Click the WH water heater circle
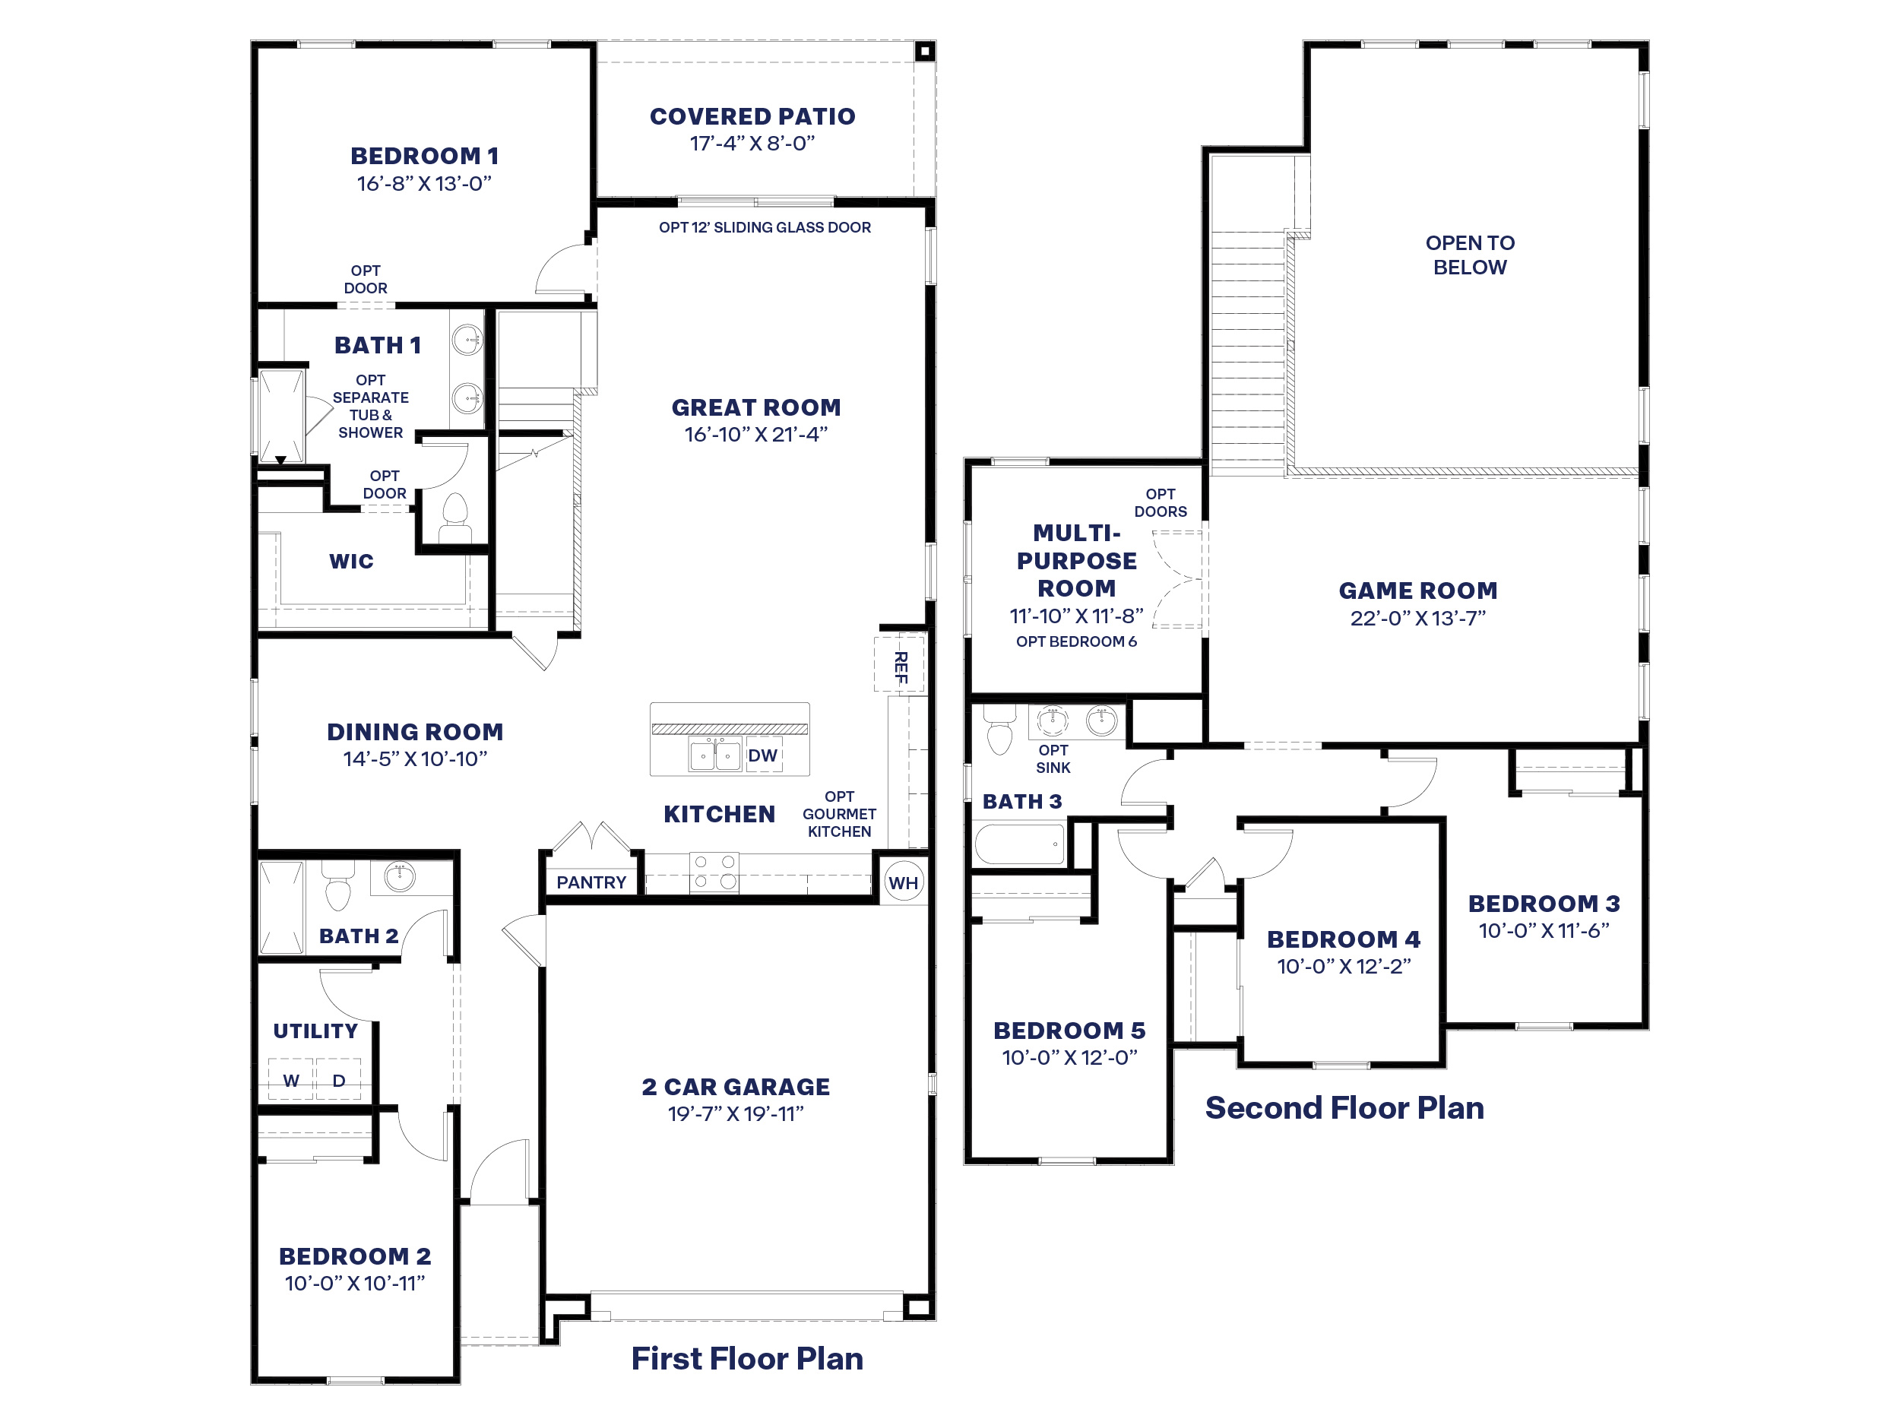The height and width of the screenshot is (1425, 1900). (903, 882)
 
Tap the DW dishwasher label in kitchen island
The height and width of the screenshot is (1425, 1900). (762, 755)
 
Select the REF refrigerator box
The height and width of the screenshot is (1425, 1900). (899, 664)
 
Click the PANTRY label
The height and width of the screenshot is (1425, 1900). (591, 882)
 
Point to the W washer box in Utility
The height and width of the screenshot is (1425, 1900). (291, 1080)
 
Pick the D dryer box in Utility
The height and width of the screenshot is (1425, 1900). (338, 1080)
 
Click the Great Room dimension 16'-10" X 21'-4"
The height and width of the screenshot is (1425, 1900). (756, 435)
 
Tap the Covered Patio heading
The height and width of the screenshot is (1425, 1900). (752, 116)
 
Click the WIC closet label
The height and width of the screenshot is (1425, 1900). (351, 561)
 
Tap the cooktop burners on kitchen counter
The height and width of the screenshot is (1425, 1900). (714, 871)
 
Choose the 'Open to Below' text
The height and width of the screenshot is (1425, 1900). (1470, 255)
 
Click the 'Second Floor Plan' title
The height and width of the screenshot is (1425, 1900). (1344, 1107)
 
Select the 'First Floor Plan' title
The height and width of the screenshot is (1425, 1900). (747, 1358)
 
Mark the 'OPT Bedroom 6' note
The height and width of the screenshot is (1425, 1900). (1076, 641)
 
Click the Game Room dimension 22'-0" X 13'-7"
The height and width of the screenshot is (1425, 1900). (1417, 618)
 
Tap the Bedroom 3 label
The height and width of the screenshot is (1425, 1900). (1544, 903)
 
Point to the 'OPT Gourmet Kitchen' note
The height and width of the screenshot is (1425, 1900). (839, 813)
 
